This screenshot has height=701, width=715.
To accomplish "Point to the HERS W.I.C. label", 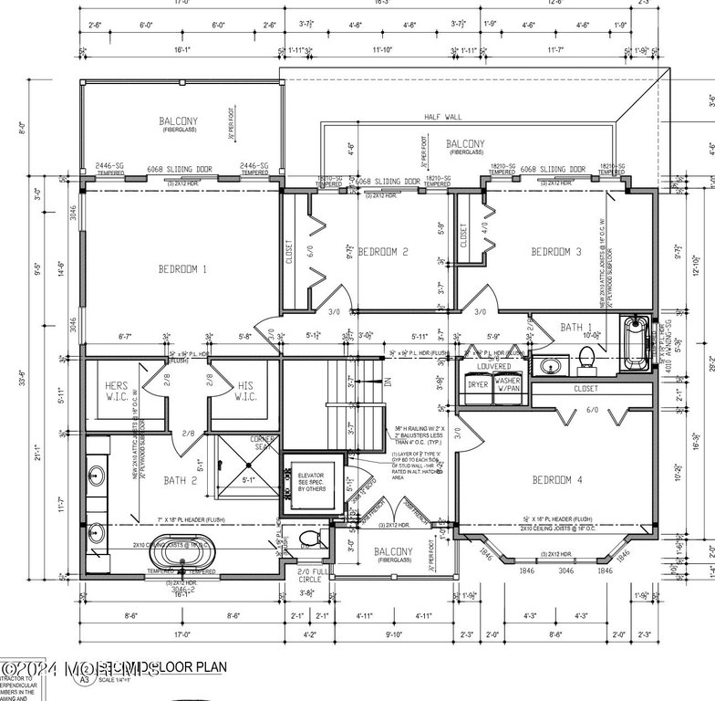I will pyautogui.click(x=117, y=391).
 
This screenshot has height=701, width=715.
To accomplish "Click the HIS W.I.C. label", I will pyautogui.click(x=245, y=391).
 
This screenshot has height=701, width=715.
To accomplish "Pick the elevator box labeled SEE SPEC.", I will pyautogui.click(x=311, y=483).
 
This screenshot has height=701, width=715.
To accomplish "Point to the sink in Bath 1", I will pyautogui.click(x=549, y=366).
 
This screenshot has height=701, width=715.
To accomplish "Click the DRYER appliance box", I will pyautogui.click(x=478, y=385).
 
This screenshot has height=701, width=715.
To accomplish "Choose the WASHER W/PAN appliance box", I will pyautogui.click(x=508, y=385).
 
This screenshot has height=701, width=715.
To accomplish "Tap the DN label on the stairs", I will pyautogui.click(x=386, y=382).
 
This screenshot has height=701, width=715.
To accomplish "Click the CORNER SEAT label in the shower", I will pyautogui.click(x=264, y=444).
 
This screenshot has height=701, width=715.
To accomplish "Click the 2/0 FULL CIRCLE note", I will pyautogui.click(x=310, y=575).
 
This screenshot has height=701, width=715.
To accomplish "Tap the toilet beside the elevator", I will pyautogui.click(x=308, y=539).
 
